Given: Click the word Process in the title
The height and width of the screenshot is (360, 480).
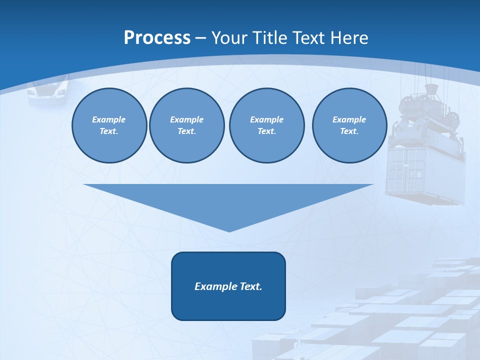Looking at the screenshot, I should click(157, 37).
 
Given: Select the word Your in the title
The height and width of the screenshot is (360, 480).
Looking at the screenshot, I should click(229, 37).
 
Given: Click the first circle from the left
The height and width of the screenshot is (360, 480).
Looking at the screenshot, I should click(109, 125).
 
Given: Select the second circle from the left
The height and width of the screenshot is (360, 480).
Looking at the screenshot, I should click(186, 125).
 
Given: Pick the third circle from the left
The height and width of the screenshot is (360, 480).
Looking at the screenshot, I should click(266, 125).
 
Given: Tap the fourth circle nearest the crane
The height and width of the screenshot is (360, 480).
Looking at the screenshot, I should click(349, 125).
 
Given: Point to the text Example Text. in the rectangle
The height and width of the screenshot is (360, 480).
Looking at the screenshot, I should click(228, 286).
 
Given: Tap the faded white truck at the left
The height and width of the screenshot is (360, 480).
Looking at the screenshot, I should click(47, 91).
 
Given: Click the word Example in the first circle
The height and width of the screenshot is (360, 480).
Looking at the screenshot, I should click(108, 119).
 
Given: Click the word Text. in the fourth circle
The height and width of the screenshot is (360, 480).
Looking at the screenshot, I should click(349, 131).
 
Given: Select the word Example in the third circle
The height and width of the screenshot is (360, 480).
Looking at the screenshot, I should click(266, 119).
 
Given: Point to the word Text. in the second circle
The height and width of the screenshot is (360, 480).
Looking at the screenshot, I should click(186, 131).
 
